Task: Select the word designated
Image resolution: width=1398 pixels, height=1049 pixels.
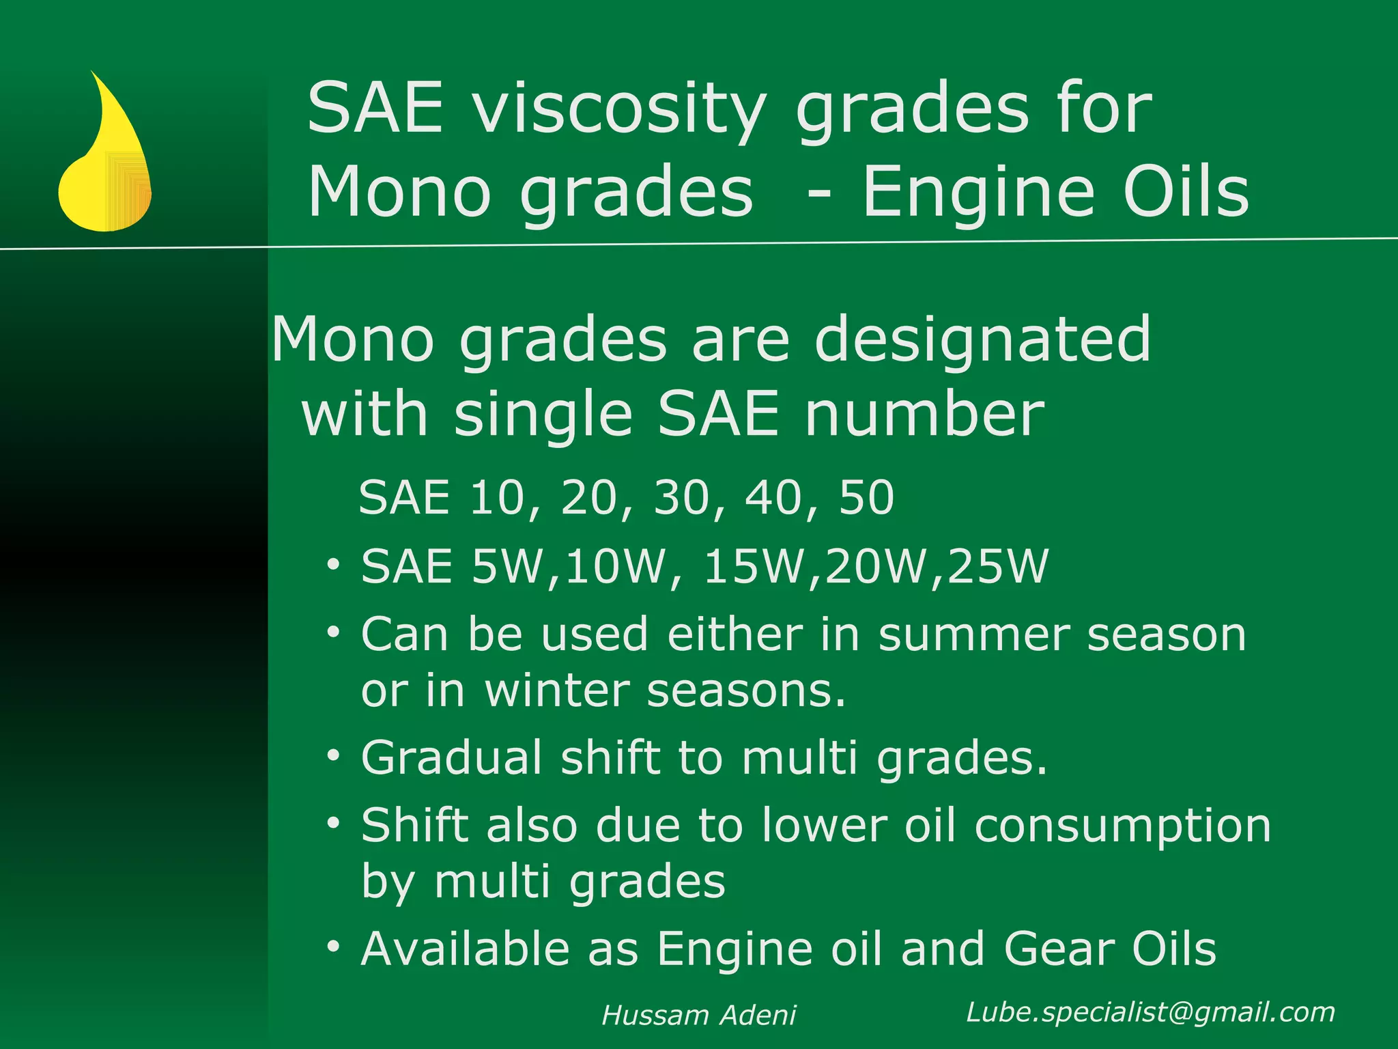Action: pos(983,340)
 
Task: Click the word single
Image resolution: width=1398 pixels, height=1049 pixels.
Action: pos(543,415)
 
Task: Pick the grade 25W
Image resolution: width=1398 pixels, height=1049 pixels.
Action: pos(997,567)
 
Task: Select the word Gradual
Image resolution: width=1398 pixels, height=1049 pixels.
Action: pos(451,758)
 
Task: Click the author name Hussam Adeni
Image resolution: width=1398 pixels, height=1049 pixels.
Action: pos(698,1016)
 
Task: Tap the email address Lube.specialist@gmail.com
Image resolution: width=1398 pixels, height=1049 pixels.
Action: pos(1150,1012)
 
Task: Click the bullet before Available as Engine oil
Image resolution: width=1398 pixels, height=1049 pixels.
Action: pos(332,947)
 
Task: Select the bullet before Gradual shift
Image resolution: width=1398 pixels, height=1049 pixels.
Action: pos(332,755)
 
